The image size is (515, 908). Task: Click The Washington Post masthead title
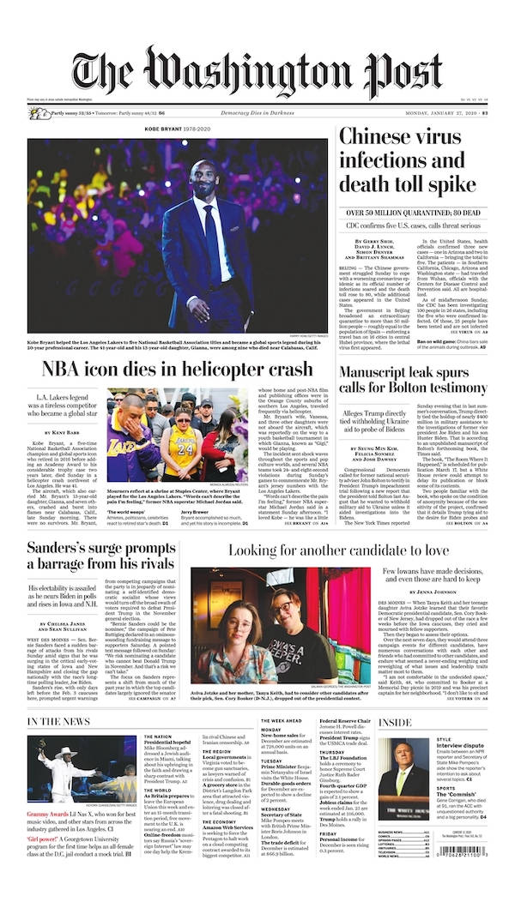click(257, 72)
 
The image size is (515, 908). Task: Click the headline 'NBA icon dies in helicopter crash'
click(178, 370)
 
